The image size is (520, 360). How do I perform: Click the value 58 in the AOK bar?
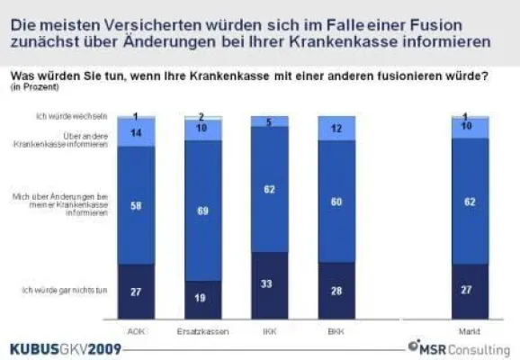coord(135,206)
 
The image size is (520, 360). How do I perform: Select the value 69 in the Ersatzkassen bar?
coord(202,210)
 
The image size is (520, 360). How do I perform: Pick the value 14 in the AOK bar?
coord(135,132)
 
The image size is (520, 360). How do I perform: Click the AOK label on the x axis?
coord(135,329)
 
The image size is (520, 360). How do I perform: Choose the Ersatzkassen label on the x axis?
coord(202,329)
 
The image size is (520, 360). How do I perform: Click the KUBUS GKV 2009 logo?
coord(64,348)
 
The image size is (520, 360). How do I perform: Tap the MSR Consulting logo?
coord(458,347)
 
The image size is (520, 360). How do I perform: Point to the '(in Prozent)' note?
coord(29,87)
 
